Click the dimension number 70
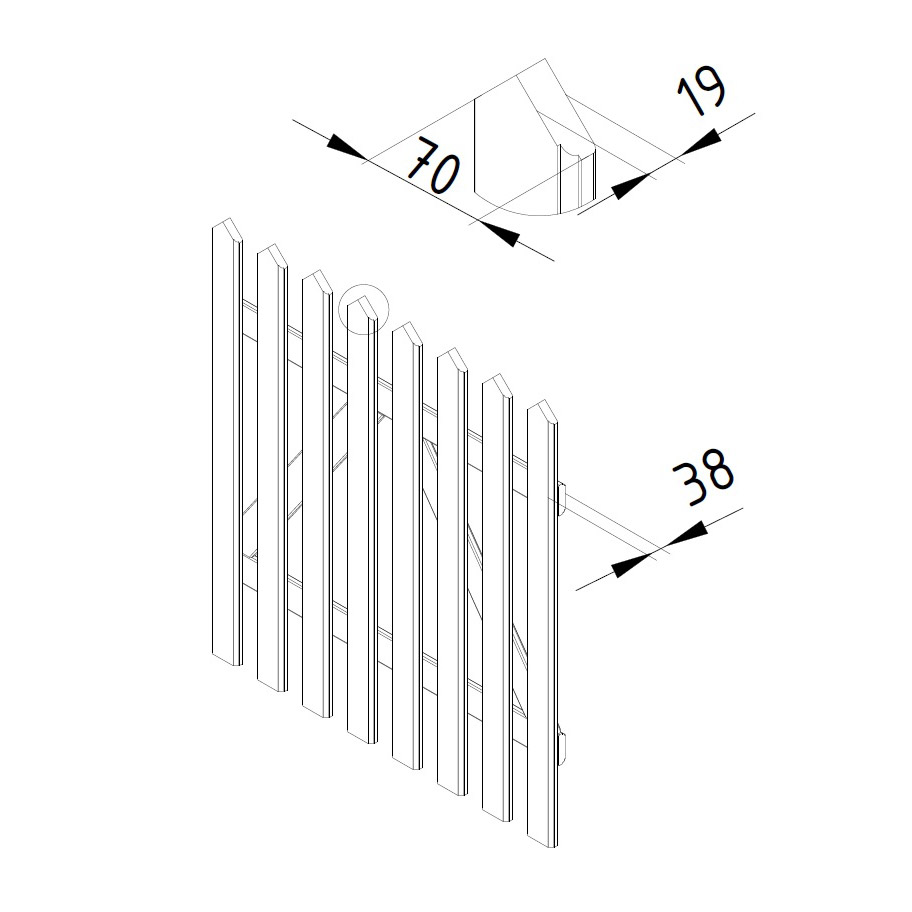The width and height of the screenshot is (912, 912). tap(433, 166)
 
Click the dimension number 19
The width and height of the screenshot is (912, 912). tap(701, 92)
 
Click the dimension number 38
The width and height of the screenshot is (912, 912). tap(703, 477)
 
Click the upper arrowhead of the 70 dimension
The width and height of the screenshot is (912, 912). tap(348, 147)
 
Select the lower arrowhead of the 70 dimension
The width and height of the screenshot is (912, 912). tap(500, 234)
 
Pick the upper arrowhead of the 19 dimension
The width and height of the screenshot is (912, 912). tap(701, 142)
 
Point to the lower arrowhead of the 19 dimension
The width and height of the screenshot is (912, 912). tap(632, 186)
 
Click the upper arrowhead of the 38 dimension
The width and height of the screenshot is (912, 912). tap(687, 536)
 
